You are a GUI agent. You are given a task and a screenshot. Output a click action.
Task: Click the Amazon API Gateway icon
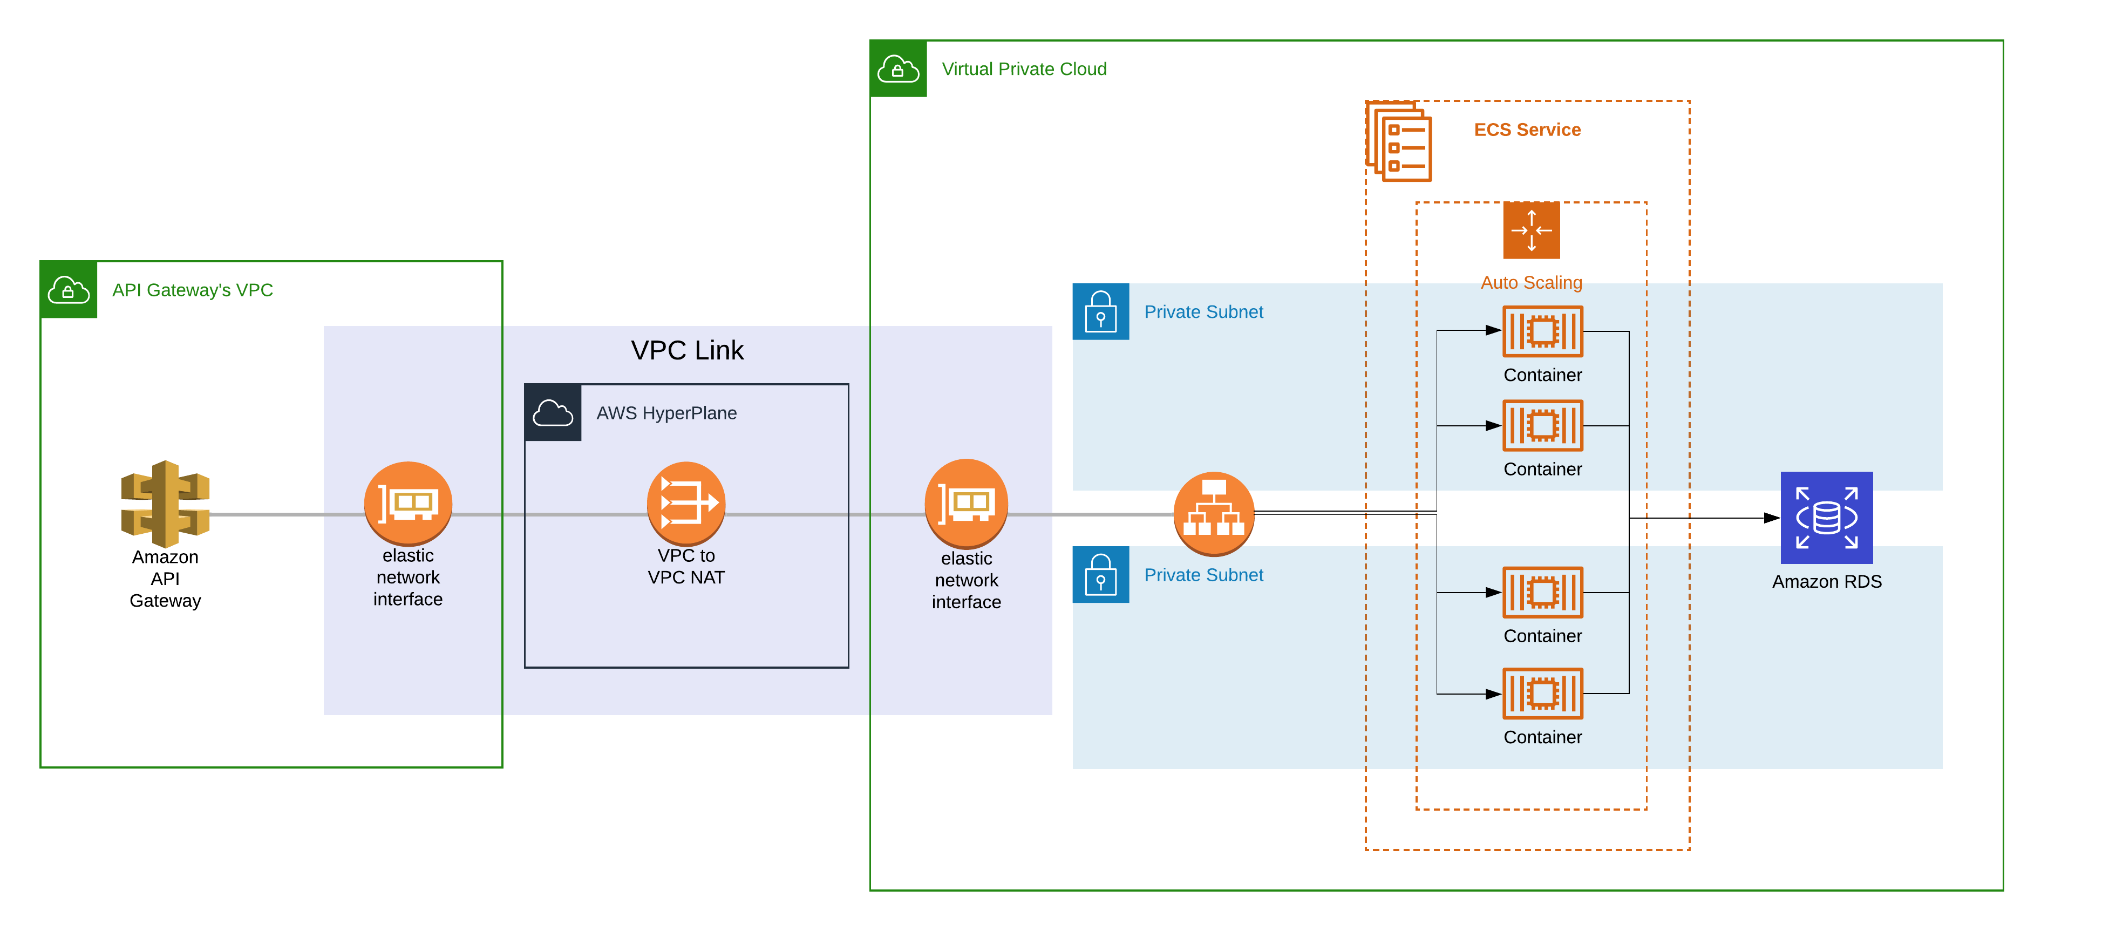click(x=165, y=503)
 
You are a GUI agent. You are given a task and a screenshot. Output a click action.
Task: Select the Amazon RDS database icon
click(x=1826, y=517)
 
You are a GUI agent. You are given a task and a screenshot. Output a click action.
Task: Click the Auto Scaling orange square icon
click(x=1531, y=230)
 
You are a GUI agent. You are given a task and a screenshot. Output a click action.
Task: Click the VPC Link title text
click(x=686, y=350)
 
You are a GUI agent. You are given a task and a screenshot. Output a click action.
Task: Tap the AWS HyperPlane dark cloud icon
click(x=553, y=412)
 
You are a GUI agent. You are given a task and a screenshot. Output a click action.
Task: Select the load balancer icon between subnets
click(x=1213, y=513)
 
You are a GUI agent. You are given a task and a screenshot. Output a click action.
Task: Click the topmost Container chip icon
click(x=1542, y=331)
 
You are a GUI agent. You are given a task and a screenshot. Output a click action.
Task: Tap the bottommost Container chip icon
click(x=1542, y=694)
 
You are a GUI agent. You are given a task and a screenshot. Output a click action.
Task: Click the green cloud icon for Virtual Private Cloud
click(x=898, y=69)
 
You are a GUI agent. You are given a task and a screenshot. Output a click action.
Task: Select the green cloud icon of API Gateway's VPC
click(x=68, y=290)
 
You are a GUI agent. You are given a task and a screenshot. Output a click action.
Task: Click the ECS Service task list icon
click(x=1399, y=141)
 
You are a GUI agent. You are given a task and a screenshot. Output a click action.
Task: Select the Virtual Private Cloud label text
click(x=1024, y=69)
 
